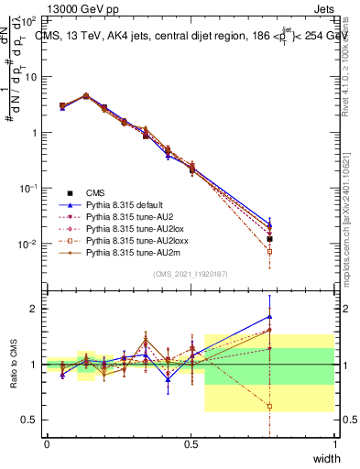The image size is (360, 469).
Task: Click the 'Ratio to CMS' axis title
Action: [15, 365]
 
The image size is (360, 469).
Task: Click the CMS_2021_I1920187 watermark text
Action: [191, 274]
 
